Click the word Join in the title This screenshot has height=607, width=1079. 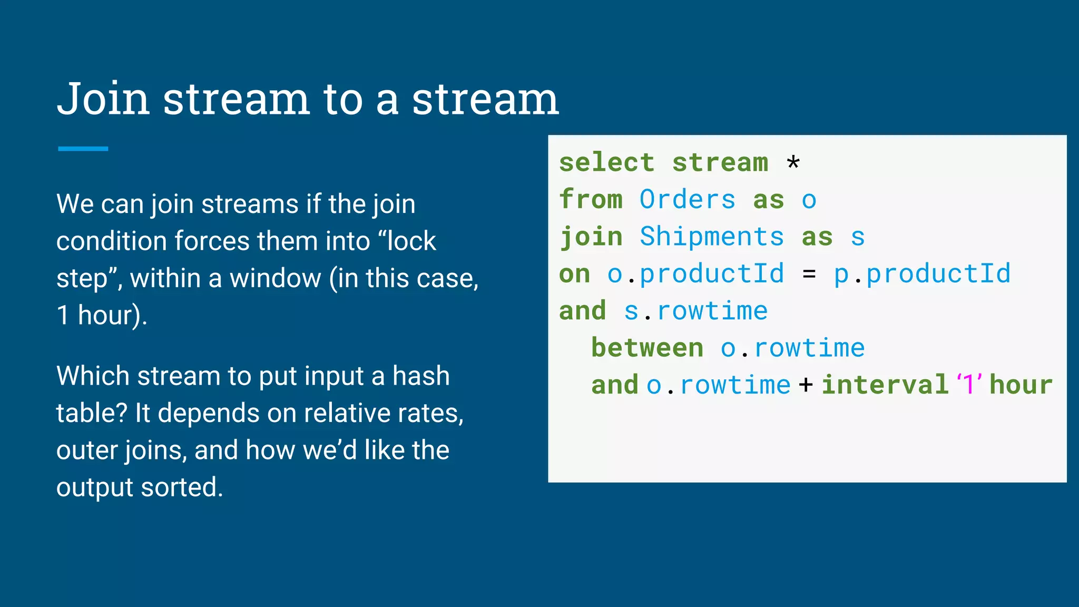point(103,99)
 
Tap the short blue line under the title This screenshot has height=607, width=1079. point(83,149)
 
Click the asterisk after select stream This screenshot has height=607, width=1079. point(793,163)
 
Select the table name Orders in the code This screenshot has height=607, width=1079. point(687,200)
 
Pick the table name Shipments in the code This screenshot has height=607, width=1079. point(711,237)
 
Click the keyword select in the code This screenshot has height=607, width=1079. point(606,163)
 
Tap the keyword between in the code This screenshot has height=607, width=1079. point(647,348)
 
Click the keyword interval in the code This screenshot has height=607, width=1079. point(885,385)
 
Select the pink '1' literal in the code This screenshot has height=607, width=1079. point(969,384)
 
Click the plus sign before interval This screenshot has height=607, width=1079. point(806,385)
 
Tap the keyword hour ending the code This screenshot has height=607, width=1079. point(1021,385)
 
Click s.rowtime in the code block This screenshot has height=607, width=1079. point(695,311)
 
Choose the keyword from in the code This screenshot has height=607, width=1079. point(591,200)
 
